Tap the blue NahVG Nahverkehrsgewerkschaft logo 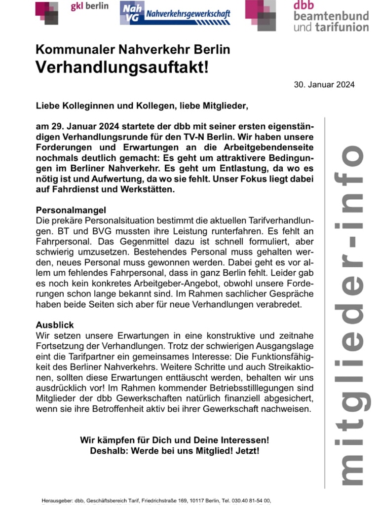175,13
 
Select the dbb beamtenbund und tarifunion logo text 331,16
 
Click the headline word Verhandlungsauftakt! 122,68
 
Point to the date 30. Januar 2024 324,85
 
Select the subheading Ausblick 55,325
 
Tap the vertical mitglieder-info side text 352,316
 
